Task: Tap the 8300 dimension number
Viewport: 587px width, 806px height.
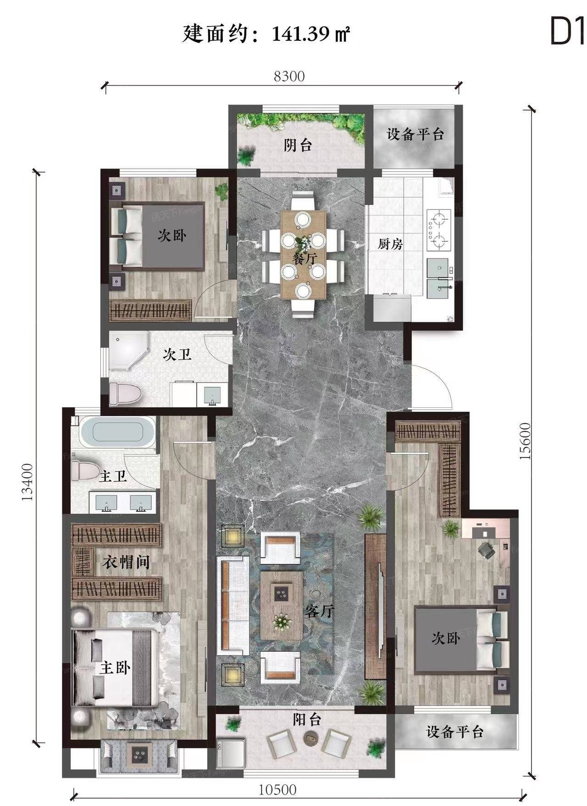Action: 289,76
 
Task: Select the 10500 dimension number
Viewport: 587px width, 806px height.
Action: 277,790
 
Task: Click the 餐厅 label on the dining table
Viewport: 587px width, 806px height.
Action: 304,259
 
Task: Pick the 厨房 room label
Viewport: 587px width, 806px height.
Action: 390,244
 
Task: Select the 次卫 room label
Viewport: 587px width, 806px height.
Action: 177,355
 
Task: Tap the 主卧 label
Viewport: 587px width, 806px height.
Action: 115,668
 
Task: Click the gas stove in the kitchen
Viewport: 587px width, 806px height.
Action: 439,229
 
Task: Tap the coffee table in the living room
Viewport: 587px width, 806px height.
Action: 281,605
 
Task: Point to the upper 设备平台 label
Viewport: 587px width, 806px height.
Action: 415,134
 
